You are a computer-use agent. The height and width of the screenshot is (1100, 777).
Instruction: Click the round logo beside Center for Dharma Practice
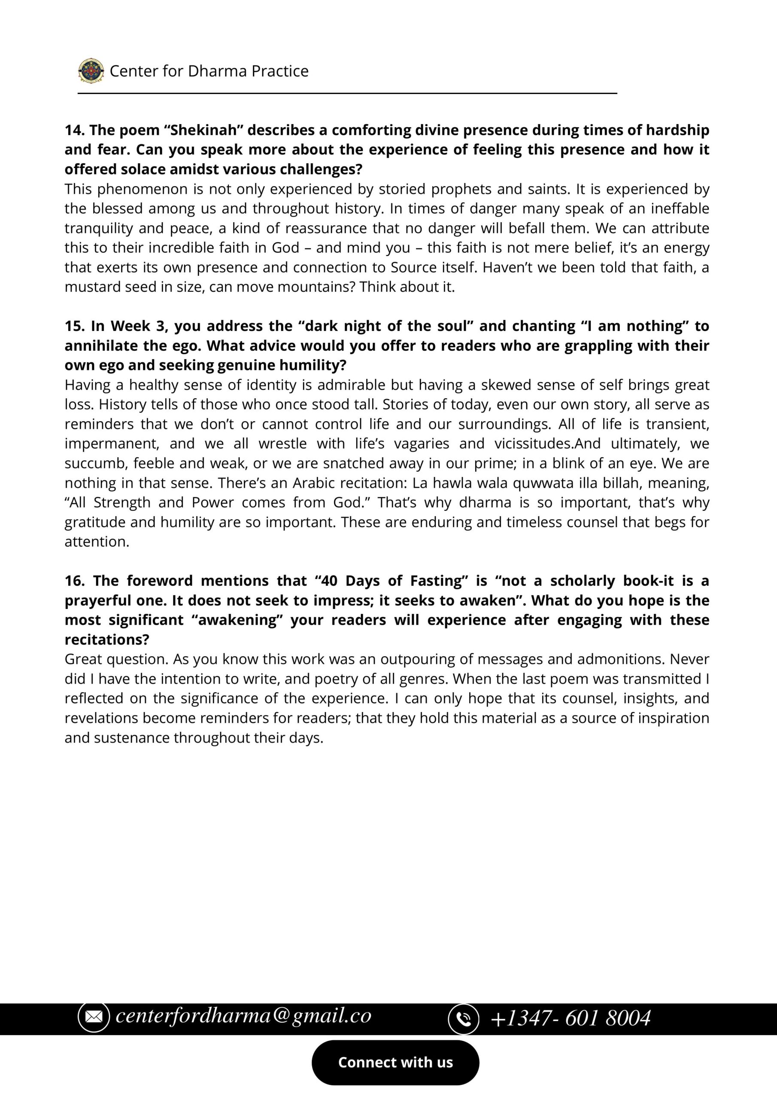click(x=91, y=71)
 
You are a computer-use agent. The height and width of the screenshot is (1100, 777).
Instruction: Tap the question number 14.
click(x=74, y=130)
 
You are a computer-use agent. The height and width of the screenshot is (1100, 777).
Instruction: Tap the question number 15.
click(x=74, y=326)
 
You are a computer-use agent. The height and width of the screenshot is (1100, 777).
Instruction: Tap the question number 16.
click(x=74, y=581)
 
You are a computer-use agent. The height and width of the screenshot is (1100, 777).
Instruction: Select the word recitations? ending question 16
click(x=107, y=640)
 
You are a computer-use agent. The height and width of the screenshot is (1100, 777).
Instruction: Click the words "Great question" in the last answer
click(x=116, y=659)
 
